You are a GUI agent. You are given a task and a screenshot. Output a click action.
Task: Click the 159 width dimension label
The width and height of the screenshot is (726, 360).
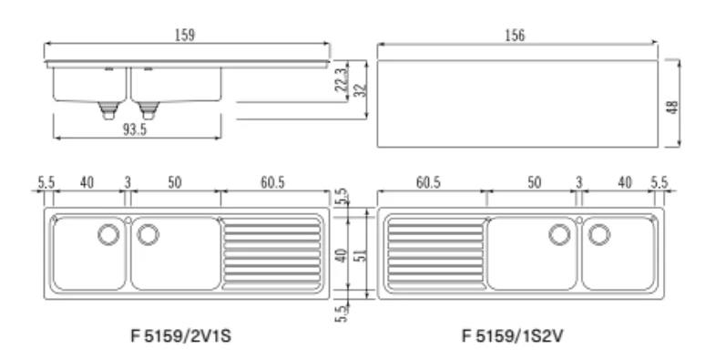pos(185,35)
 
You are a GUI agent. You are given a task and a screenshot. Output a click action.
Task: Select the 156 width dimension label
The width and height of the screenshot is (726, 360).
pos(515,36)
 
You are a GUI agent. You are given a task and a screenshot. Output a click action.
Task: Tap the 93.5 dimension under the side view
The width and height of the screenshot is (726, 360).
pos(135,129)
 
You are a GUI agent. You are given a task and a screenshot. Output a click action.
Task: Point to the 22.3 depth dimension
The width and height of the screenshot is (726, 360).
pos(341,79)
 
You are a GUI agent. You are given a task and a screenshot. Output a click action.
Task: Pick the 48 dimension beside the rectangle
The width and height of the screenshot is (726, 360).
pos(673,107)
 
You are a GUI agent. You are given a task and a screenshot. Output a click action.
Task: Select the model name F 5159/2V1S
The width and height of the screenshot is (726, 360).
pos(181,335)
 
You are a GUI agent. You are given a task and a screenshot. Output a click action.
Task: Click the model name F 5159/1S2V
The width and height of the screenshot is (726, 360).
pos(513,335)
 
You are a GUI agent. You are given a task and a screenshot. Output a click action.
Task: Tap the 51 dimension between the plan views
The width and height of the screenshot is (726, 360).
pos(361,255)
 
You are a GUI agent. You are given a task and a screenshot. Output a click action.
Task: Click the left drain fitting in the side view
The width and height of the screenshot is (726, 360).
pos(107,110)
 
